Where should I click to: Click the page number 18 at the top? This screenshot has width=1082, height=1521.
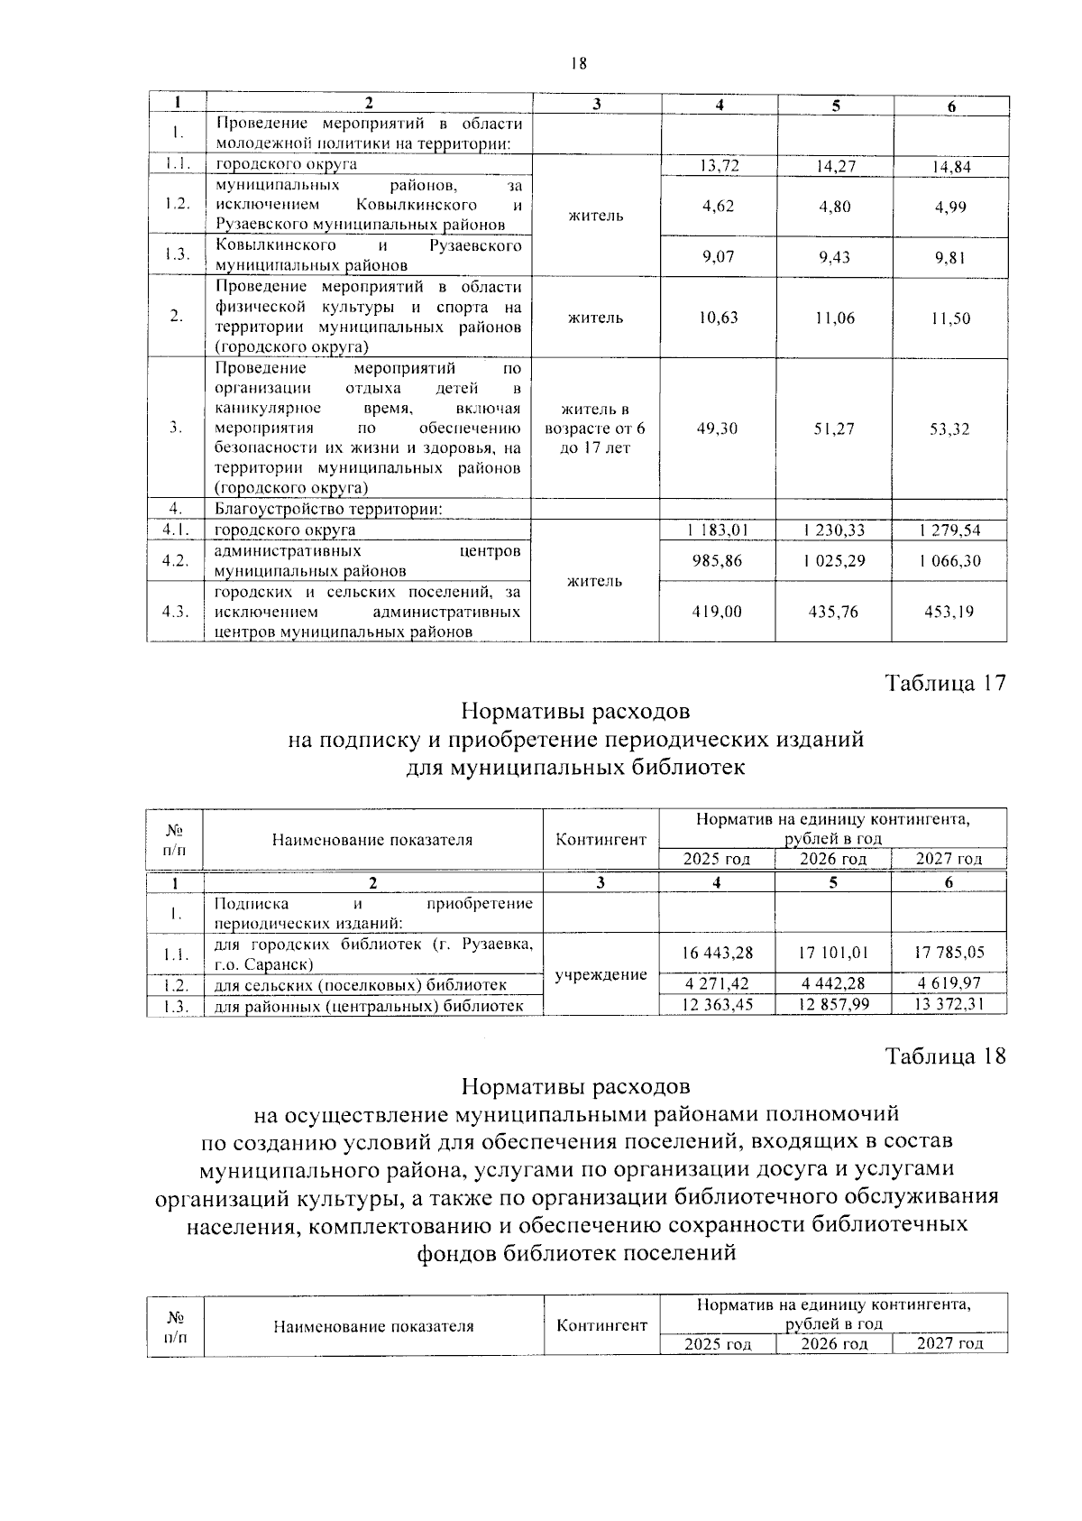click(x=578, y=63)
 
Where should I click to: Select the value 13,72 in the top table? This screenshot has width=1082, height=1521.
click(x=718, y=165)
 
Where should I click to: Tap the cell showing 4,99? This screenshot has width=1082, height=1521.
click(x=950, y=206)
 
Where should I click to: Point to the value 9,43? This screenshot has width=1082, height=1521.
click(x=834, y=257)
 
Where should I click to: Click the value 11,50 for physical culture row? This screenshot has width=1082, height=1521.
click(x=950, y=318)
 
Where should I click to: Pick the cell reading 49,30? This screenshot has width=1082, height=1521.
click(x=718, y=429)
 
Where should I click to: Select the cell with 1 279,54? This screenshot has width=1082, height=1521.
click(x=950, y=530)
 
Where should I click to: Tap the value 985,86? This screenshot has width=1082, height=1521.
click(x=718, y=560)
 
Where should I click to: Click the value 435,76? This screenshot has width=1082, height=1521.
click(x=834, y=612)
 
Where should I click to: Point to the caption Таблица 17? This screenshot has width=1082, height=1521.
click(x=945, y=683)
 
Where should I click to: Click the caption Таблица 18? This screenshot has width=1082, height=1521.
click(x=945, y=1055)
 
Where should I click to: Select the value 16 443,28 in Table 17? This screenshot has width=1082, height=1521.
click(x=718, y=953)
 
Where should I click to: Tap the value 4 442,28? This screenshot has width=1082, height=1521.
click(x=834, y=983)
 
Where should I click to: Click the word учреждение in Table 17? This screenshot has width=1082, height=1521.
click(x=601, y=975)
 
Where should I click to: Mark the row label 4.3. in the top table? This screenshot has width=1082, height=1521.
click(x=176, y=612)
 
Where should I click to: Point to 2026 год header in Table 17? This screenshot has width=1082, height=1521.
click(x=833, y=859)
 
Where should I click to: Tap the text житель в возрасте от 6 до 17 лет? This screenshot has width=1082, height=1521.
click(x=595, y=429)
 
